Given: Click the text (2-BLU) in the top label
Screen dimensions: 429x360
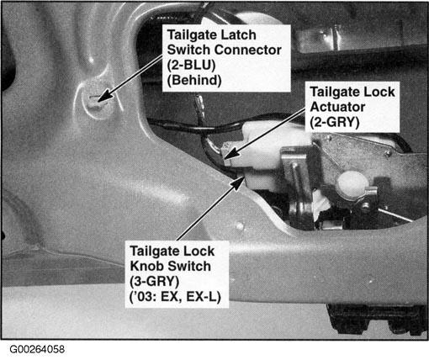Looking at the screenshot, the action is click(x=191, y=66).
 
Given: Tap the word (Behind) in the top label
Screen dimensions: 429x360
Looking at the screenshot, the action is click(x=194, y=81).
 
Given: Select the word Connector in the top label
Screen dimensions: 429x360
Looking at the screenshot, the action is click(x=248, y=50).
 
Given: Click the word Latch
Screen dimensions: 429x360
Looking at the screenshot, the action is click(x=239, y=35).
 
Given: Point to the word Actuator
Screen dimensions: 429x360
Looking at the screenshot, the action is click(x=337, y=107).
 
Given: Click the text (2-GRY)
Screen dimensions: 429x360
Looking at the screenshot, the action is click(x=335, y=123).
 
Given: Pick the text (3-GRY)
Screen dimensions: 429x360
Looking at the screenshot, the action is click(x=155, y=281).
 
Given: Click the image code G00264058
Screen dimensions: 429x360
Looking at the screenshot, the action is click(x=37, y=349).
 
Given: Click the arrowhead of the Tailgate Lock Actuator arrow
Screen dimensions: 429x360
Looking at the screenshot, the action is click(x=231, y=154).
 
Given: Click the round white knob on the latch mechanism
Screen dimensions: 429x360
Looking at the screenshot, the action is click(x=352, y=184).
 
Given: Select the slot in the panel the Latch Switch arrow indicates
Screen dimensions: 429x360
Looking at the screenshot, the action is click(x=95, y=98).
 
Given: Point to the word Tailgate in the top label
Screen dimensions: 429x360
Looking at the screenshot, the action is click(x=193, y=35).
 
